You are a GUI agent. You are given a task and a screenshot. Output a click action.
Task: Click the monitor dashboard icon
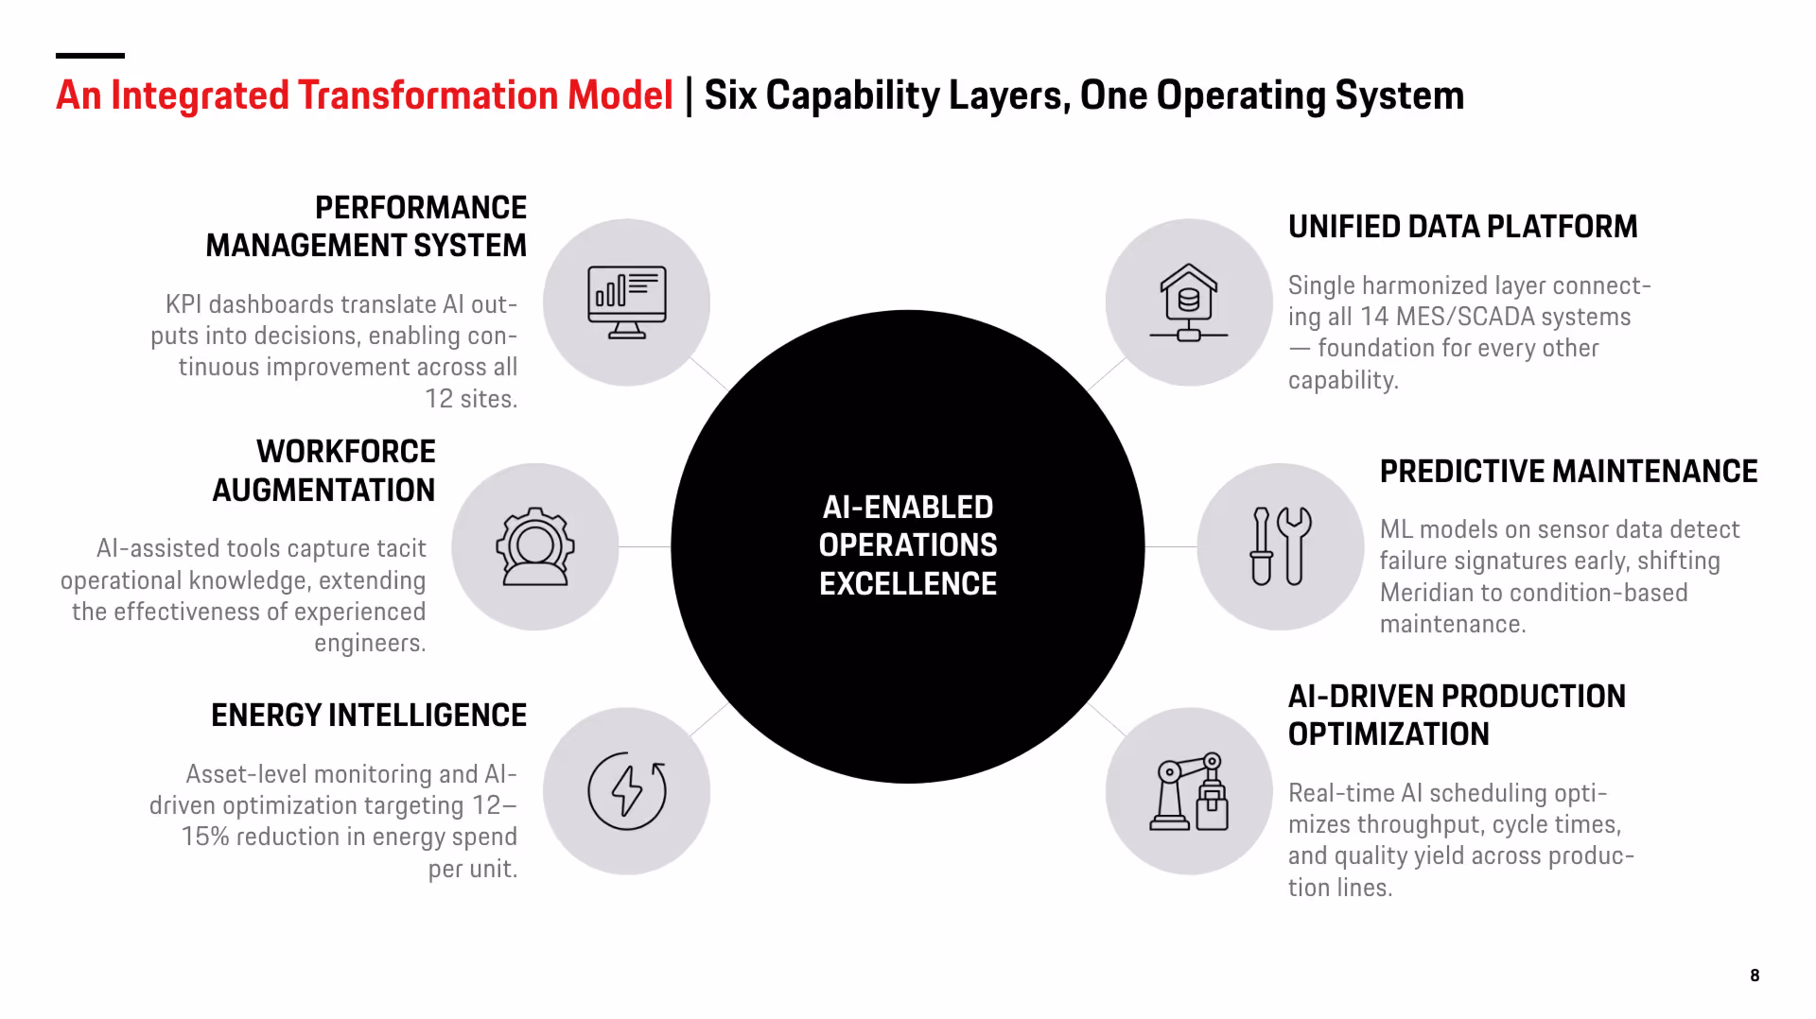pyautogui.click(x=626, y=302)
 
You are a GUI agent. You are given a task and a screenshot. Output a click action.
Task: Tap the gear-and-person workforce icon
pyautogui.click(x=535, y=547)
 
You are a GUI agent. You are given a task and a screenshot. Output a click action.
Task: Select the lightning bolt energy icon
pyautogui.click(x=626, y=791)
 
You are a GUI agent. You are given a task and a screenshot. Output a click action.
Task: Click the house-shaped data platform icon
pyautogui.click(x=1189, y=302)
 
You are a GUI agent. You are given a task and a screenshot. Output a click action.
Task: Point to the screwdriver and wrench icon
pyautogui.click(x=1281, y=547)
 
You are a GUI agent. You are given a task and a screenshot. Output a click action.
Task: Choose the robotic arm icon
pyautogui.click(x=1189, y=791)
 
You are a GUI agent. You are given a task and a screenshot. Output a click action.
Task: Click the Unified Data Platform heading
pyautogui.click(x=1462, y=227)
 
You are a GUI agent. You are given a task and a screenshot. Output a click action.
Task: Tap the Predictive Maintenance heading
pyautogui.click(x=1568, y=472)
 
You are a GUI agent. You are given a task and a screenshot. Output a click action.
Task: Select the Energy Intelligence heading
pyautogui.click(x=369, y=716)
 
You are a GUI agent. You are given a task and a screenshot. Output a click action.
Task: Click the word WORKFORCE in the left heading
pyautogui.click(x=346, y=452)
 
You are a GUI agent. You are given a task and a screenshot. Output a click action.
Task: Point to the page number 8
pyautogui.click(x=1755, y=976)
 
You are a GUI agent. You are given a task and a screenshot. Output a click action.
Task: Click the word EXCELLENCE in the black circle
pyautogui.click(x=908, y=584)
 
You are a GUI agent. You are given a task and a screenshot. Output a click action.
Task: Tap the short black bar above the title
pyautogui.click(x=90, y=56)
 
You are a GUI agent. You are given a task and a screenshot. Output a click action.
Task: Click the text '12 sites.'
pyautogui.click(x=471, y=399)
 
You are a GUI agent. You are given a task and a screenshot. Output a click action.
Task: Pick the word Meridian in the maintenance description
pyautogui.click(x=1427, y=593)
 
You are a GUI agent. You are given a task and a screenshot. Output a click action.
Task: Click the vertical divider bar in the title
pyautogui.click(x=689, y=95)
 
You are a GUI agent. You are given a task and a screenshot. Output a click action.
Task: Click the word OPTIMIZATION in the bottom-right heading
pyautogui.click(x=1388, y=734)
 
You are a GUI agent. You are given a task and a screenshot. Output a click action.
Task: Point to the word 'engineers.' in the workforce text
pyautogui.click(x=370, y=644)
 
